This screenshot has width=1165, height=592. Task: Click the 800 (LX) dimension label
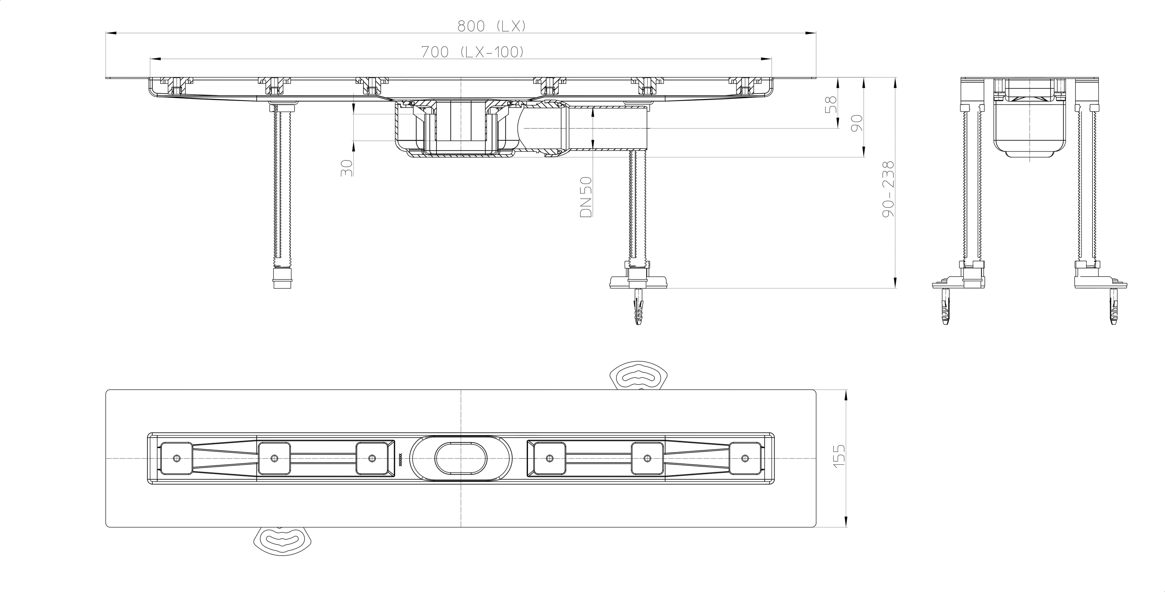(x=491, y=26)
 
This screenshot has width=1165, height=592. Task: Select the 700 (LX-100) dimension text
(x=473, y=52)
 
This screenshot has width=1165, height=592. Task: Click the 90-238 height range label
(x=889, y=189)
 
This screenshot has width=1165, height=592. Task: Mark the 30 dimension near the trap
(x=346, y=168)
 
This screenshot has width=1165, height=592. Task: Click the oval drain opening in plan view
(x=461, y=459)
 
